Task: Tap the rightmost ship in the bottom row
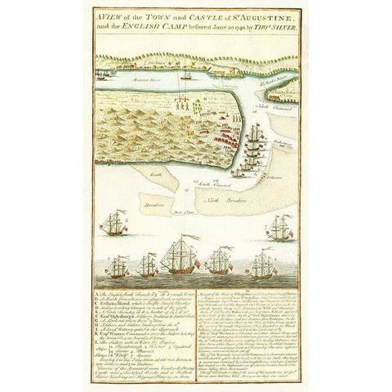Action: coord(263,264)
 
